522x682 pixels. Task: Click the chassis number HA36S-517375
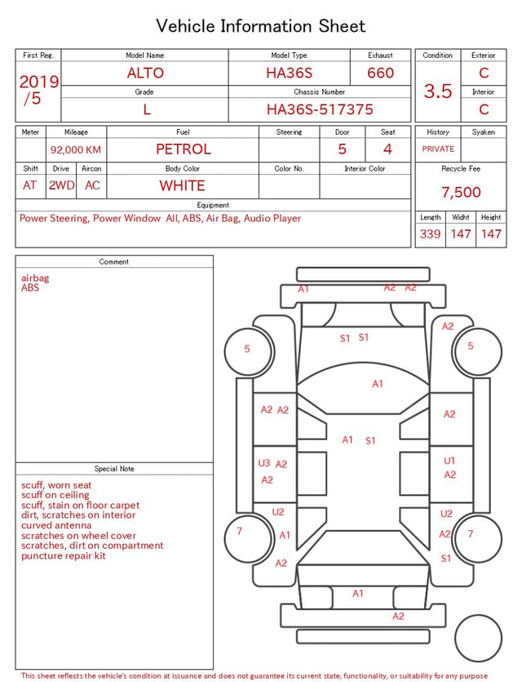pyautogui.click(x=320, y=109)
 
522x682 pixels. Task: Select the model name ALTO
pyautogui.click(x=145, y=73)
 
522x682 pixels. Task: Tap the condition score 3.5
pyautogui.click(x=438, y=91)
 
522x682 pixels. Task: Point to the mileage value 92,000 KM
pyautogui.click(x=76, y=149)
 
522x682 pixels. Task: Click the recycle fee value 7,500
pyautogui.click(x=461, y=192)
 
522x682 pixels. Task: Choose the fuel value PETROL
pyautogui.click(x=184, y=149)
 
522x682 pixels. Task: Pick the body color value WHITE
pyautogui.click(x=182, y=185)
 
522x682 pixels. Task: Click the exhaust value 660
pyautogui.click(x=380, y=73)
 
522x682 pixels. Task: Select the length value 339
pyautogui.click(x=430, y=234)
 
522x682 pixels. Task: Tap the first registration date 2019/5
pyautogui.click(x=38, y=90)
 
